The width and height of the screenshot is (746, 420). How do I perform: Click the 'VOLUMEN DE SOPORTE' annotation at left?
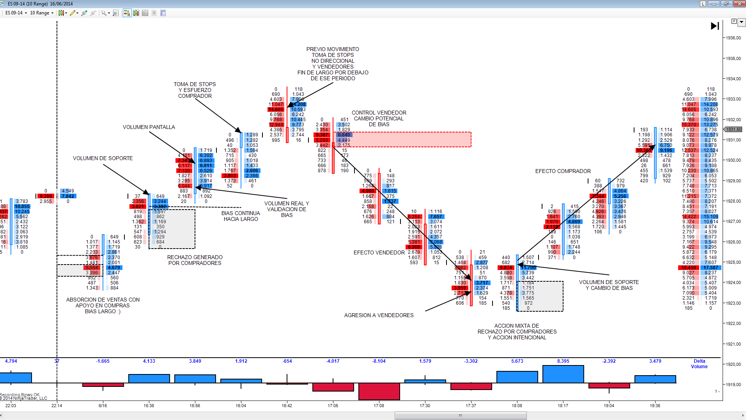click(103, 158)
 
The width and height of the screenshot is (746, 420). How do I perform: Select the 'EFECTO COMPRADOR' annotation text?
click(563, 171)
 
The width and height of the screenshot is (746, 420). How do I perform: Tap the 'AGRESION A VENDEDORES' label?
click(379, 315)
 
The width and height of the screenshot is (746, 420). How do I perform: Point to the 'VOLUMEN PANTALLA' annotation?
click(149, 127)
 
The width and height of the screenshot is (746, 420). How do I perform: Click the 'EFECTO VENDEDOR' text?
click(379, 252)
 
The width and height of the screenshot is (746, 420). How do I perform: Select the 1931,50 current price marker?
click(734, 129)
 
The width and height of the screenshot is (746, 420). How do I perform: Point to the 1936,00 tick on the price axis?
click(733, 38)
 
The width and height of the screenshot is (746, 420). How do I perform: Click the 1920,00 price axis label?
click(733, 364)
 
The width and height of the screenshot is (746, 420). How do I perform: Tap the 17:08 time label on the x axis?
click(379, 406)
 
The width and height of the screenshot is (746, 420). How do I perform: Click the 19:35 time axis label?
click(655, 406)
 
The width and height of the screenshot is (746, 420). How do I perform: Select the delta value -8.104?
click(379, 361)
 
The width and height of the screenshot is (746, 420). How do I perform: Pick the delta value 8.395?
click(563, 361)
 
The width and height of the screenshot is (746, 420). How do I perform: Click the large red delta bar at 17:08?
click(379, 391)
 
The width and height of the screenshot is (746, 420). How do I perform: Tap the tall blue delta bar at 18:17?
click(563, 374)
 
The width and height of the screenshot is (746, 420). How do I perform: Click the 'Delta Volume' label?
click(699, 364)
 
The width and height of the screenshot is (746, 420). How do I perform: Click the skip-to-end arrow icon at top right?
click(714, 26)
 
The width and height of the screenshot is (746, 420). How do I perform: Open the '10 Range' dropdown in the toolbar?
click(42, 13)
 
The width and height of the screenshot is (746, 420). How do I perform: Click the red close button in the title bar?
click(739, 4)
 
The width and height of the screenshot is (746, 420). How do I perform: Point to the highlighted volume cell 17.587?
click(711, 268)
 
